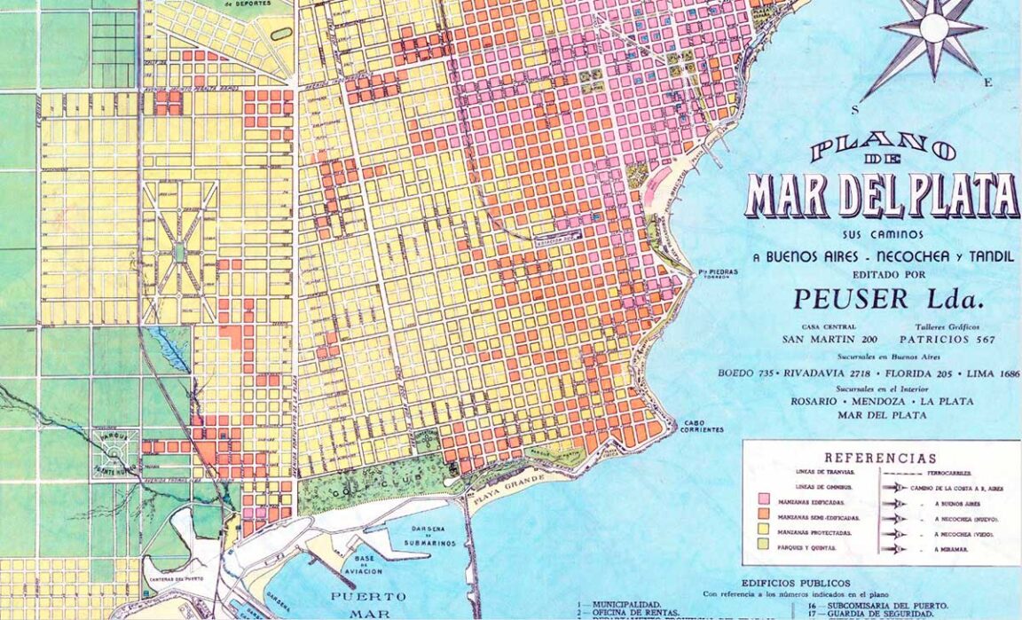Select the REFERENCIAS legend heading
tap(880, 459)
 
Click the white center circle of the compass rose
tap(933, 29)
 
